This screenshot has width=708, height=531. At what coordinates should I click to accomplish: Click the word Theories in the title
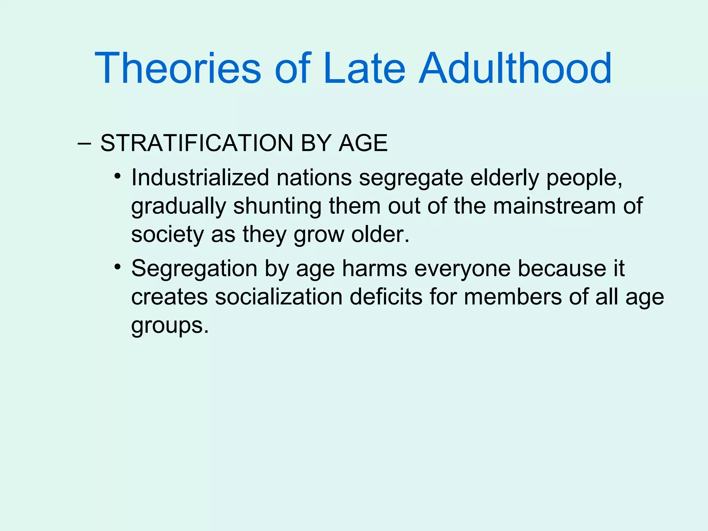point(178,68)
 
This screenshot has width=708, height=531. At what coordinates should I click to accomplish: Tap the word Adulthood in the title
point(515,68)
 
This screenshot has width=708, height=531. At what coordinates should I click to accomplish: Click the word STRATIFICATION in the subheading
point(197,143)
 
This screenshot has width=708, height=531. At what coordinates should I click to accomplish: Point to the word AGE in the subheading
point(363,143)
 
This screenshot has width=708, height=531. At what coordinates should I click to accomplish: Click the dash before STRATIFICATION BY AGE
point(84,144)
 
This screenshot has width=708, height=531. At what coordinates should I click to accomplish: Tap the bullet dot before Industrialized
point(118,176)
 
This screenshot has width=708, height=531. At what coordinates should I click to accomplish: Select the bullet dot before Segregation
point(118,267)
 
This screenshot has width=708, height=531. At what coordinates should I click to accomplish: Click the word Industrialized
point(200,178)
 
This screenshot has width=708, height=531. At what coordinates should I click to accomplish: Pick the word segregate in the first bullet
point(411,178)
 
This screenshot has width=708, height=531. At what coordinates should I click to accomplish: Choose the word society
point(167,235)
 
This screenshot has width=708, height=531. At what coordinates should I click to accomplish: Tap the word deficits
point(386,297)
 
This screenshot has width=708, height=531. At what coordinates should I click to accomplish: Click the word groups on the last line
point(169,326)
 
